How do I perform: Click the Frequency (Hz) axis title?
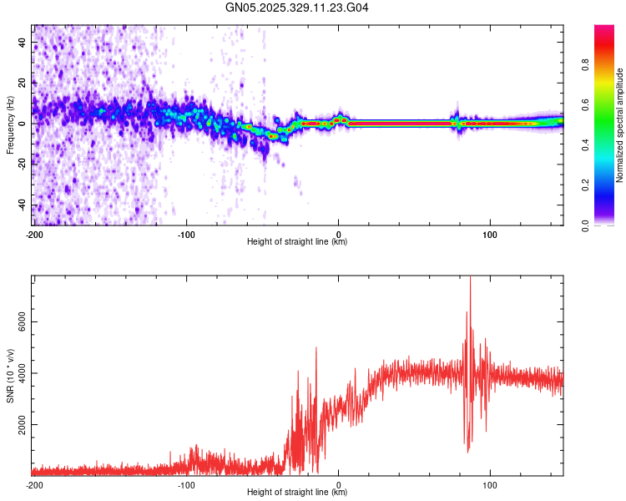coord(10,124)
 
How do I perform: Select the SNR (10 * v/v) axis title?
coord(10,375)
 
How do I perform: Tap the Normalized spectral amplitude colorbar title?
coord(620,125)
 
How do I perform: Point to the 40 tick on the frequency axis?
coord(23,42)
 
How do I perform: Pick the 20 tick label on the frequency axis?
coord(23,83)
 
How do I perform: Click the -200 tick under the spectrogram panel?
coord(33,234)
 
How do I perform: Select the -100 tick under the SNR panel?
coord(186,484)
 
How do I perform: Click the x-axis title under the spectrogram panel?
coord(297,242)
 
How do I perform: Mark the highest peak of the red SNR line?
coord(470,278)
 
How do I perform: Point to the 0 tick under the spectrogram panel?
coord(338,234)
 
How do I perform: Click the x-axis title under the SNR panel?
coord(297,493)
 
